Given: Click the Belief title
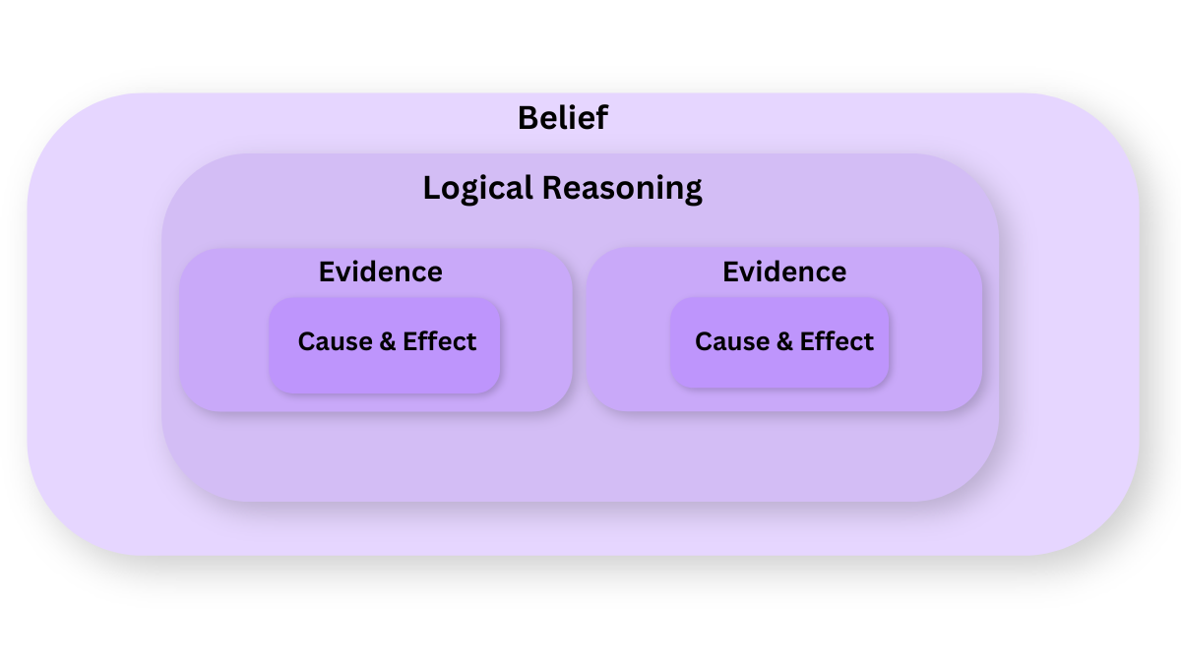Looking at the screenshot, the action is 563,117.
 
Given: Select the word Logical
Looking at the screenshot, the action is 478,189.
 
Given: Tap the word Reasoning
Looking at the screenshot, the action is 622,189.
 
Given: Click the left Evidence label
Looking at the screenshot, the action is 380,272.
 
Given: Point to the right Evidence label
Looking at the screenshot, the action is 784,272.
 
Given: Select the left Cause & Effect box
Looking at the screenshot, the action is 385,345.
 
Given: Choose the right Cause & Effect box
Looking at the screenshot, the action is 779,342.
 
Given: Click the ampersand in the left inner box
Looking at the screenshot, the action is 387,341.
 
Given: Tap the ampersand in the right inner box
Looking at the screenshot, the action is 784,341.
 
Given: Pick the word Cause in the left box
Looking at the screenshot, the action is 336,341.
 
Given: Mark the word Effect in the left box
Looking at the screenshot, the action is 440,341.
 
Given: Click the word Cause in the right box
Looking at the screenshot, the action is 732,341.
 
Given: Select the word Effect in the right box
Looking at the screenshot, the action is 837,341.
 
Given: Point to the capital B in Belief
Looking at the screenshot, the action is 528,118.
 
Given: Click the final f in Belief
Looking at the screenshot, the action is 601,117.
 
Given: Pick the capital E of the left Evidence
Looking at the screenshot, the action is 327,272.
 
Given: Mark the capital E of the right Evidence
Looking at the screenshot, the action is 730,272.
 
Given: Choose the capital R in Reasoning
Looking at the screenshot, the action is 552,188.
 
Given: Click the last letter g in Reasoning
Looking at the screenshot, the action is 693,192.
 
